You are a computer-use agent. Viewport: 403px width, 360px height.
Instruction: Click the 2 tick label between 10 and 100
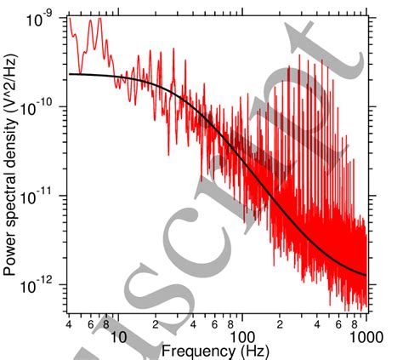pos(156,324)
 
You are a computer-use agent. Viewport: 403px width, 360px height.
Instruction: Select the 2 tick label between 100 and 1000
pos(281,324)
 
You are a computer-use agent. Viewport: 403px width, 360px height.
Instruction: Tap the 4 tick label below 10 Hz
pos(67,324)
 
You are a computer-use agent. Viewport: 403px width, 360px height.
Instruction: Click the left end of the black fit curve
pos(69,74)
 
